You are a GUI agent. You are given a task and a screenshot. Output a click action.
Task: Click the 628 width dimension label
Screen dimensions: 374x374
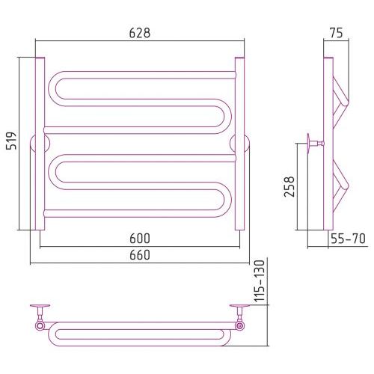(140, 33)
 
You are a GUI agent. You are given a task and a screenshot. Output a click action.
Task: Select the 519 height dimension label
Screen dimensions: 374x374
(11, 141)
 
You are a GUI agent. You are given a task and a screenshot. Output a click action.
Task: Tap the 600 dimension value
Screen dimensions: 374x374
(140, 239)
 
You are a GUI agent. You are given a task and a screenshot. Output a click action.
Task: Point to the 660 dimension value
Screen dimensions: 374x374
(140, 255)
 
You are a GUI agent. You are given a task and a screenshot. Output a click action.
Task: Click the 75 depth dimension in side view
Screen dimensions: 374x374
(336, 33)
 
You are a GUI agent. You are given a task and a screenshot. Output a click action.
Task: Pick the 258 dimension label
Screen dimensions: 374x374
(289, 187)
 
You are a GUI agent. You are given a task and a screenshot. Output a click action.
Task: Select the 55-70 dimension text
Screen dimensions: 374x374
(348, 239)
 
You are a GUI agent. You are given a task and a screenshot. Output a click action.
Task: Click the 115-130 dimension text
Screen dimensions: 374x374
(260, 281)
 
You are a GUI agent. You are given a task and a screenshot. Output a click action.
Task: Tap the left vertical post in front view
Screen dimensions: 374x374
(40, 144)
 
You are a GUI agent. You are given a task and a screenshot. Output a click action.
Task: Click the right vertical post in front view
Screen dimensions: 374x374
(239, 144)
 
